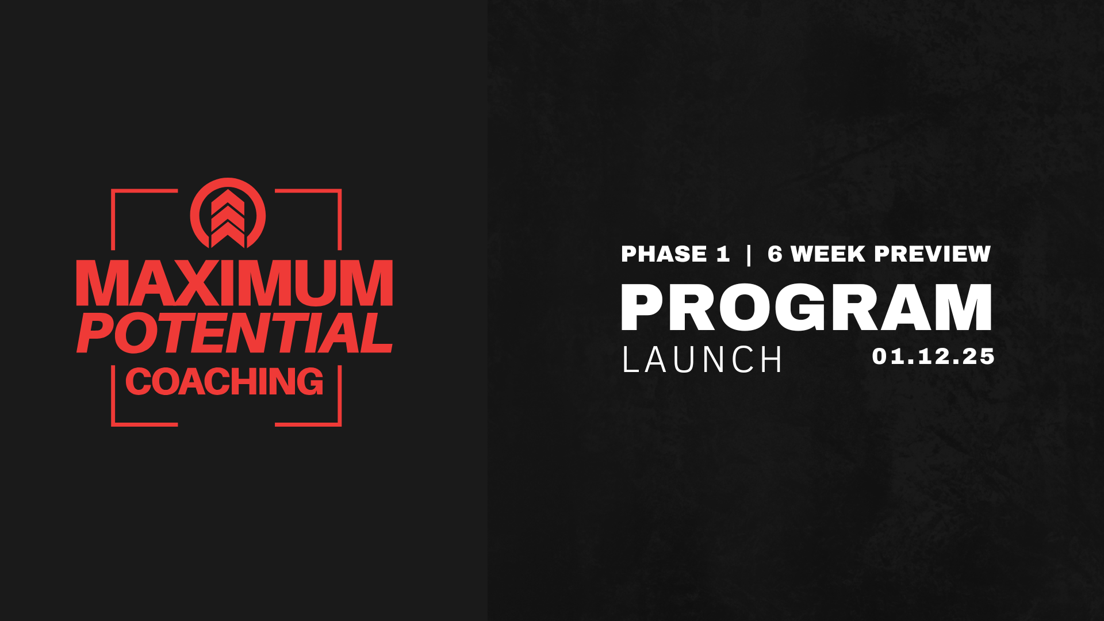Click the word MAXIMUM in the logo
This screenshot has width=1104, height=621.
[235, 283]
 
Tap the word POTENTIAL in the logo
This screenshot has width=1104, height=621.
[235, 333]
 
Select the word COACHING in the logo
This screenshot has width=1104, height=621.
[224, 382]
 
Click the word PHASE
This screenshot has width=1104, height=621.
[664, 254]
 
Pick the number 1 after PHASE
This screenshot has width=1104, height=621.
[723, 254]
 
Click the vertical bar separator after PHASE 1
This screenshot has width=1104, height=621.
[748, 255]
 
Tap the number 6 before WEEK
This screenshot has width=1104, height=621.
[775, 254]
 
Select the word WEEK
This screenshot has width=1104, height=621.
[828, 254]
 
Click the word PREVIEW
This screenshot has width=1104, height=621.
[933, 254]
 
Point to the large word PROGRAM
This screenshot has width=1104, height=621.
[806, 308]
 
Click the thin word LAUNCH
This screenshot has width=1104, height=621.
[702, 360]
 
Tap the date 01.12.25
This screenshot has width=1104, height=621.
[933, 356]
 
